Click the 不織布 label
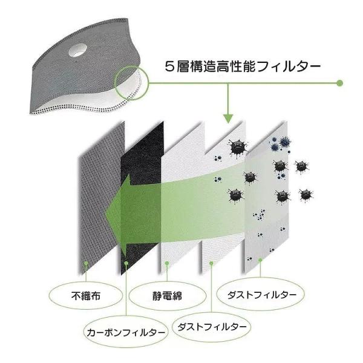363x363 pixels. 86,296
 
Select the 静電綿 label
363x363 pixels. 167,296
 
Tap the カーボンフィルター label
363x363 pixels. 126,332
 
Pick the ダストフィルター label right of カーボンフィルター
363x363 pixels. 212,327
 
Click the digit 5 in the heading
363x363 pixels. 169,67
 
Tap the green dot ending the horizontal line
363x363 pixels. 339,83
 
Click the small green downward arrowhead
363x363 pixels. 228,119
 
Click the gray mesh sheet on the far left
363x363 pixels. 101,198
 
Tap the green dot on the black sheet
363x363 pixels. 126,263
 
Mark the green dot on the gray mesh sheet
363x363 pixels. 86,263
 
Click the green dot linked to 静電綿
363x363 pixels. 167,263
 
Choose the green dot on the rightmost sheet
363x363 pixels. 260,260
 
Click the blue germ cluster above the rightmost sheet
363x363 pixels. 281,143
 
